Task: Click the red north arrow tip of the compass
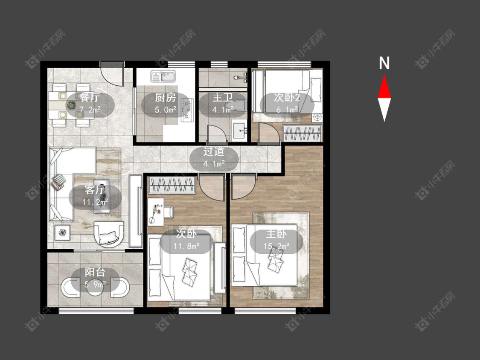384,75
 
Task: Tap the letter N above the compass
384,64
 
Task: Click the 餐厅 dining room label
90,98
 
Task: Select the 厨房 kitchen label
165,98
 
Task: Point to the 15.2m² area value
276,246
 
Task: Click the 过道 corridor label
214,151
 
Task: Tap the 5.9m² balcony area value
95,285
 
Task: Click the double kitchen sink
163,76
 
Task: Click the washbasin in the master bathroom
239,131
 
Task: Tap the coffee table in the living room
102,196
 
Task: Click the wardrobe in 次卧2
303,133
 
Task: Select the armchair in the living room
109,234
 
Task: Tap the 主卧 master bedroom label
276,234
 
